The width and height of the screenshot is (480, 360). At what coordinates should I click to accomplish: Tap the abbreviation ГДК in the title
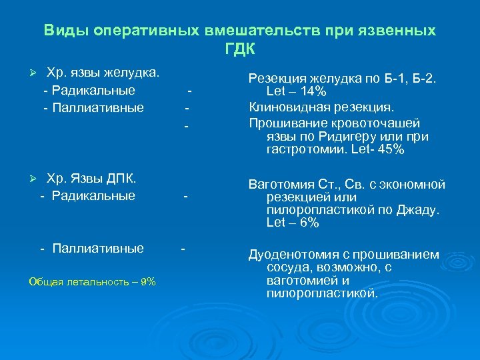(240, 49)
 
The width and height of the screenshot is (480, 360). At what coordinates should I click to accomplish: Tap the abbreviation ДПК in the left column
(121, 178)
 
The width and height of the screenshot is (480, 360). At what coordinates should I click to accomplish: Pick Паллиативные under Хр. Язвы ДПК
(98, 249)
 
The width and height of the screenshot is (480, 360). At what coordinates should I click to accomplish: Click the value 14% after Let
(313, 92)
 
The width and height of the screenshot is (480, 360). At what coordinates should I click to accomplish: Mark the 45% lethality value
(391, 150)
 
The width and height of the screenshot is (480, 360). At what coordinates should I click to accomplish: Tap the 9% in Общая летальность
(147, 281)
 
